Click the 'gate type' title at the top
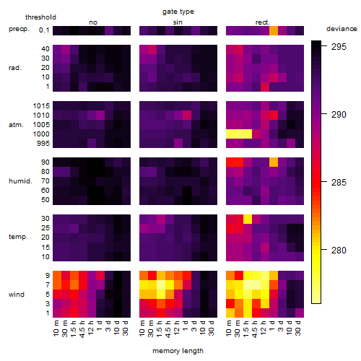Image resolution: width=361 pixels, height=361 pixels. pyautogui.click(x=178, y=12)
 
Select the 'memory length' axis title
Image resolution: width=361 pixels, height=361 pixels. pyautogui.click(x=178, y=351)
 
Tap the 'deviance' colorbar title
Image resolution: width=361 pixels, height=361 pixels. pyautogui.click(x=342, y=29)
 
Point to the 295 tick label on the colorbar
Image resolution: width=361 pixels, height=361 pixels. pyautogui.click(x=339, y=46)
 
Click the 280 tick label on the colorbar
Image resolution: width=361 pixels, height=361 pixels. pyautogui.click(x=339, y=251)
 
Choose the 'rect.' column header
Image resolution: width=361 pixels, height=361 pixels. pyautogui.click(x=262, y=22)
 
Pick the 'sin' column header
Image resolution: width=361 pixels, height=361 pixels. pyautogui.click(x=178, y=22)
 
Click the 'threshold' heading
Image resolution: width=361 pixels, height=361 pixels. pyautogui.click(x=40, y=17)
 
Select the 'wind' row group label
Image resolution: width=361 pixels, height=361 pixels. pyautogui.click(x=17, y=295)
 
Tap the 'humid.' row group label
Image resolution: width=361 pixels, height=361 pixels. pyautogui.click(x=20, y=181)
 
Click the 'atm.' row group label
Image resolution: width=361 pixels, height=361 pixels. pyautogui.click(x=16, y=125)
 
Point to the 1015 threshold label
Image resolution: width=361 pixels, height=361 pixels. pyautogui.click(x=41, y=106)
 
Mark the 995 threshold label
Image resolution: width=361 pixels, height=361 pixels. pyautogui.click(x=43, y=144)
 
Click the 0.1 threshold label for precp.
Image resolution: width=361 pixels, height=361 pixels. pyautogui.click(x=44, y=30)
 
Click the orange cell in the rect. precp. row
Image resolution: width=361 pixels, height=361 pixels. pyautogui.click(x=274, y=30)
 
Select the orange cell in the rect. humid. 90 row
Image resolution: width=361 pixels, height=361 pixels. pyautogui.click(x=274, y=162)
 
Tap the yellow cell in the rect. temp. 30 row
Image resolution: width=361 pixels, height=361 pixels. pyautogui.click(x=248, y=219)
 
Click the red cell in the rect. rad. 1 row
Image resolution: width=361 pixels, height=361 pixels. pyautogui.click(x=265, y=87)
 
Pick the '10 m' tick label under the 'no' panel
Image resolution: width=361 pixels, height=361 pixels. pyautogui.click(x=56, y=329)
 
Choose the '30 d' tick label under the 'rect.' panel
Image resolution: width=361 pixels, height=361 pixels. pyautogui.click(x=297, y=328)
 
